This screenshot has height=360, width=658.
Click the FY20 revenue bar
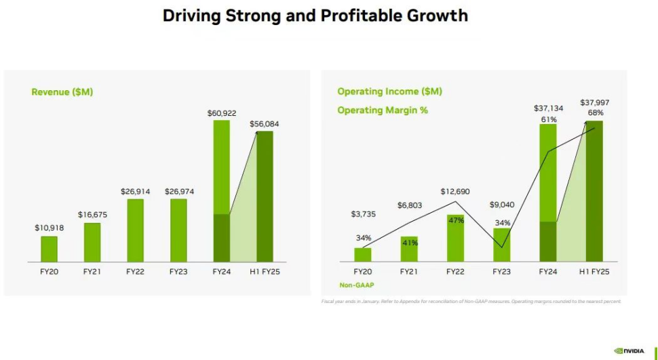49,248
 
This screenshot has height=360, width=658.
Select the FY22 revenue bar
136,231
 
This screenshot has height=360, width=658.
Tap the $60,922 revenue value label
222,113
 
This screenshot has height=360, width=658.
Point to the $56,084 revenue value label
265,124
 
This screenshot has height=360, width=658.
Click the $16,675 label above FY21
92,215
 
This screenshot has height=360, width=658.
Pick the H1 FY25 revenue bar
265,197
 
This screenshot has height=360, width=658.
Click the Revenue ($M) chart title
62,92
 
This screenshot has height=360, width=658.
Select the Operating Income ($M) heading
389,92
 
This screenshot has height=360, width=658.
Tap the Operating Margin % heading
383,110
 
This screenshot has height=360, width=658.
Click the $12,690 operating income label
455,192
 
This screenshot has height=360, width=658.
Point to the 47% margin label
456,220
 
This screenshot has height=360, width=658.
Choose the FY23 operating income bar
501,245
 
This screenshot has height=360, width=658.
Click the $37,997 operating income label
595,102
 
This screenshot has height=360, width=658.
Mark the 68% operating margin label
595,113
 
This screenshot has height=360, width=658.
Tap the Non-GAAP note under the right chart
357,285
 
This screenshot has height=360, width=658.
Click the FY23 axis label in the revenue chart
178,272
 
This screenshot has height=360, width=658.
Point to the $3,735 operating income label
364,214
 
